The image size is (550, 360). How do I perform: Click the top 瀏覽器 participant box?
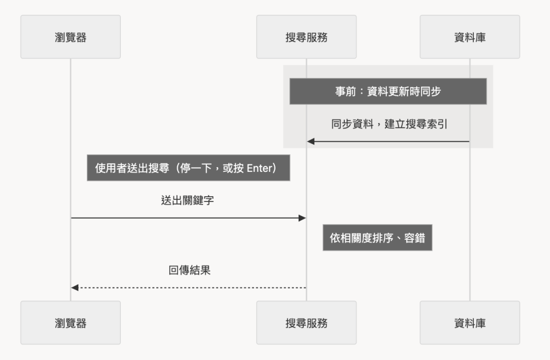click(x=70, y=37)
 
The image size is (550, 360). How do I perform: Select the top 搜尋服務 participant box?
click(x=306, y=37)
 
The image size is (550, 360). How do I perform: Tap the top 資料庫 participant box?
click(x=469, y=37)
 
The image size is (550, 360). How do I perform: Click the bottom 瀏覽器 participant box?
click(x=70, y=322)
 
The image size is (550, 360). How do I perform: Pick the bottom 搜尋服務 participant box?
click(x=306, y=322)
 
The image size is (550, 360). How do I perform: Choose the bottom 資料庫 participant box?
click(x=469, y=322)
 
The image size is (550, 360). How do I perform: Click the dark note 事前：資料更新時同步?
click(x=388, y=91)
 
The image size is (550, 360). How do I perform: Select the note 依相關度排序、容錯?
click(x=378, y=237)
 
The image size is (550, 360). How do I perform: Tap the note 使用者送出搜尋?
click(x=189, y=168)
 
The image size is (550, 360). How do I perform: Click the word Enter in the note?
click(x=259, y=168)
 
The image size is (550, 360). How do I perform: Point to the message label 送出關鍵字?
click(x=187, y=200)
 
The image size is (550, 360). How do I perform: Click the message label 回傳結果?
click(x=190, y=270)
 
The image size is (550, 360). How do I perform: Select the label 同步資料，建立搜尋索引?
click(x=389, y=124)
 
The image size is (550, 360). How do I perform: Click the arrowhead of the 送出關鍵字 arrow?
click(x=302, y=218)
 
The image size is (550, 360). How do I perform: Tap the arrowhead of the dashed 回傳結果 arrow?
click(x=74, y=287)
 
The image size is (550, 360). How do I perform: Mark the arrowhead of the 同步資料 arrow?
click(x=311, y=141)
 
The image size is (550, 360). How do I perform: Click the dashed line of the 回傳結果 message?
click(x=189, y=287)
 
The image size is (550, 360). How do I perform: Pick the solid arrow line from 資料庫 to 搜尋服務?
click(x=388, y=141)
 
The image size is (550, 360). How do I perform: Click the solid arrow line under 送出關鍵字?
click(x=189, y=218)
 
